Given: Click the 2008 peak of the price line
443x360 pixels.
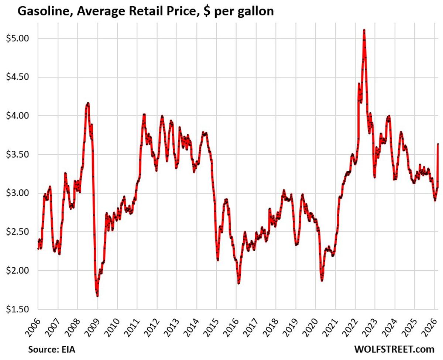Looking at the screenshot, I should tap(87, 103).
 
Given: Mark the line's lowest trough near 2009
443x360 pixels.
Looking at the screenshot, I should tap(97, 295).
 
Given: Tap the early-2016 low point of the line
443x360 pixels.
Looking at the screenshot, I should tap(239, 283).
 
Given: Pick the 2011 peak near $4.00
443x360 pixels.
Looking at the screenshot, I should tap(144, 115).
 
